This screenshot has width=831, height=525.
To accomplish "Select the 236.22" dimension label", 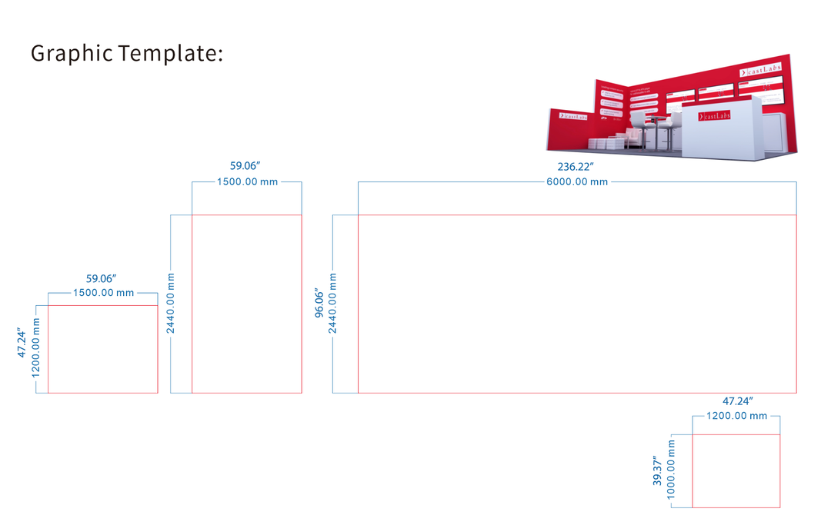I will point(576,166).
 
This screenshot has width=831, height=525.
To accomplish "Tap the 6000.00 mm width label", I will point(576,182).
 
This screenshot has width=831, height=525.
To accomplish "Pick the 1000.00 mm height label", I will point(672,470).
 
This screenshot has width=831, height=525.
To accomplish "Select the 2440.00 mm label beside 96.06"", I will point(333,304).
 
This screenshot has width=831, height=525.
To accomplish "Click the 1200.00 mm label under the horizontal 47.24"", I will point(736,416).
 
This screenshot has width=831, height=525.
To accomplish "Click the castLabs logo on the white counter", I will point(716,117).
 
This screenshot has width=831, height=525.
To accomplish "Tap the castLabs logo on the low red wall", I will point(572,116).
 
